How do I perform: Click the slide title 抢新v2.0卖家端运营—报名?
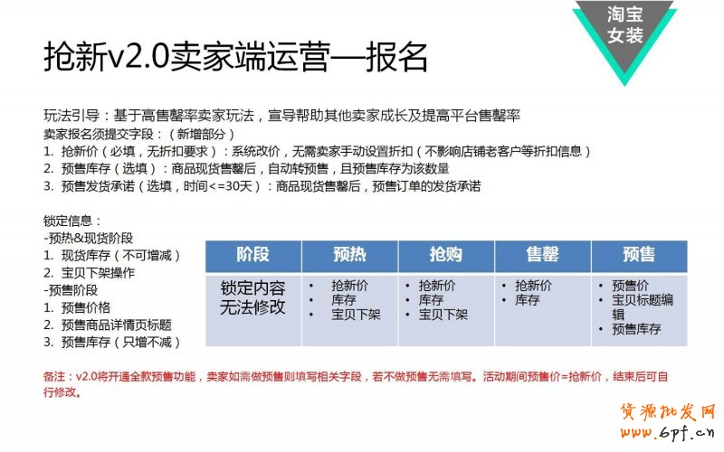pos(235,57)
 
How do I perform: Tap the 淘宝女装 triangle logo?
pos(624,37)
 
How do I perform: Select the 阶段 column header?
pos(253,255)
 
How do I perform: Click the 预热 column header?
pos(349,255)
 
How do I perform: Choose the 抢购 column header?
pos(446,255)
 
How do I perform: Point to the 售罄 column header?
pos(542,255)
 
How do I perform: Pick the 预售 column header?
pos(639,255)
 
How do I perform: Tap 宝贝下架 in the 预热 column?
pos(356,315)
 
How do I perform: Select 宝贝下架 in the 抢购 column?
pos(443,315)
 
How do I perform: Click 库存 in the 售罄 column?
pos(528,300)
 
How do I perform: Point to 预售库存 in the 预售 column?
pos(636,329)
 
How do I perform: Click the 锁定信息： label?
pos(72,221)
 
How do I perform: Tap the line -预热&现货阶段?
pos(88,238)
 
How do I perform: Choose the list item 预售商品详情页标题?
pos(108,325)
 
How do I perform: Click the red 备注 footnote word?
pos(54,376)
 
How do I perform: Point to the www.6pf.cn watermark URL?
pos(667,432)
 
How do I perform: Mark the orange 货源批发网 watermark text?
pos(668,411)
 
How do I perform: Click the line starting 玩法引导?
pos(281,116)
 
